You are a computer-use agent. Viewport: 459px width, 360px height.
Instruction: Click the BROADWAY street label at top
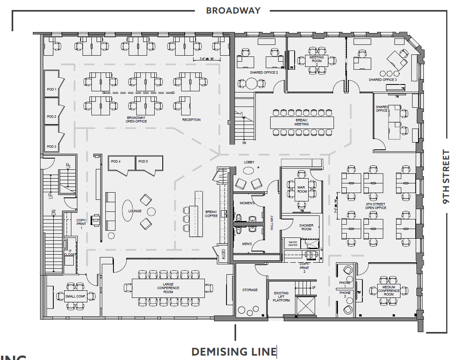233,11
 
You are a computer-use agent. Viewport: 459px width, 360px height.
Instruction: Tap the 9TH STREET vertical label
446,177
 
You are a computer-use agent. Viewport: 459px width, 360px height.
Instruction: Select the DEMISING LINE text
234,352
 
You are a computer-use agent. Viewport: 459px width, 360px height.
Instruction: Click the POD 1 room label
51,89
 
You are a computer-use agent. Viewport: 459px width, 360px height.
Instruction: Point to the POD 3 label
51,147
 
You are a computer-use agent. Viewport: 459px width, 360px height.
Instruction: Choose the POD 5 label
143,161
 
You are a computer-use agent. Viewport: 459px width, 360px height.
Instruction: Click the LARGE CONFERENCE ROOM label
168,288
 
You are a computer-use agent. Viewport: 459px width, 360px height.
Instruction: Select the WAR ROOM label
302,189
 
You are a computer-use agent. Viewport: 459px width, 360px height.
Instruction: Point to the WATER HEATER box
293,243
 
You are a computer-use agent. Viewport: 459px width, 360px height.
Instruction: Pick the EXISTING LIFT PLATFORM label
281,297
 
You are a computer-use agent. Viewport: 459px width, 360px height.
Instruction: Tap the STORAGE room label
250,290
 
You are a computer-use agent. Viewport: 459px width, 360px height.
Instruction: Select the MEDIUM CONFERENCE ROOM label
388,291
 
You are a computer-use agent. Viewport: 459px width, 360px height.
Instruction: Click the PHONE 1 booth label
345,284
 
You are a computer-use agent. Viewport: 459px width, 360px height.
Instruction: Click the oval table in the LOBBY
249,170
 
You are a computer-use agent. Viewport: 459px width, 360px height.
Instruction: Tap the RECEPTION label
191,120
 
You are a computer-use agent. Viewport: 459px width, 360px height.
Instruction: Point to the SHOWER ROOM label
306,227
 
